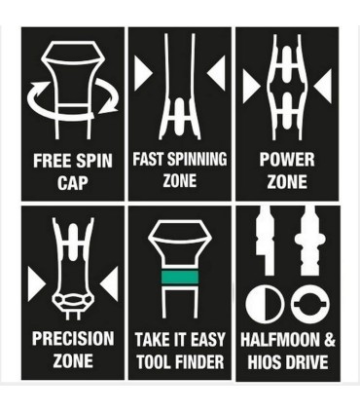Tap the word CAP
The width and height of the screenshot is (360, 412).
click(x=73, y=182)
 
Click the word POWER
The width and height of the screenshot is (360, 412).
click(x=287, y=160)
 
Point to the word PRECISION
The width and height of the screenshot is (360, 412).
click(x=73, y=338)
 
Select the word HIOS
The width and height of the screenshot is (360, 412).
click(x=263, y=362)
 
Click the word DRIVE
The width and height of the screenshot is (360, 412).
click(x=306, y=362)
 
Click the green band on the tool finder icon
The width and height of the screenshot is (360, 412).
click(x=180, y=278)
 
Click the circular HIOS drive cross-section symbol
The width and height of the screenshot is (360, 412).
click(x=310, y=304)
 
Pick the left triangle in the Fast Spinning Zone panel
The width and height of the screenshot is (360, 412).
click(x=143, y=73)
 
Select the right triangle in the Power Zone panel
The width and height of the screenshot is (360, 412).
click(x=323, y=86)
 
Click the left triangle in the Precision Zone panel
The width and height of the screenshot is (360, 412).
click(x=36, y=284)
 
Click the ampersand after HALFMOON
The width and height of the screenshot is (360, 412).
click(x=329, y=340)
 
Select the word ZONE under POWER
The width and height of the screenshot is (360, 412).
click(x=287, y=182)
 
